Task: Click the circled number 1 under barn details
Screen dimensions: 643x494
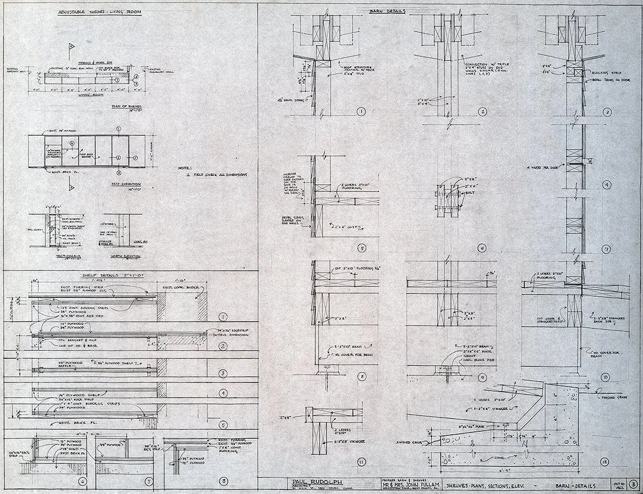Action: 362,112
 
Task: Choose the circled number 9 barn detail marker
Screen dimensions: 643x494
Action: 483,377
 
